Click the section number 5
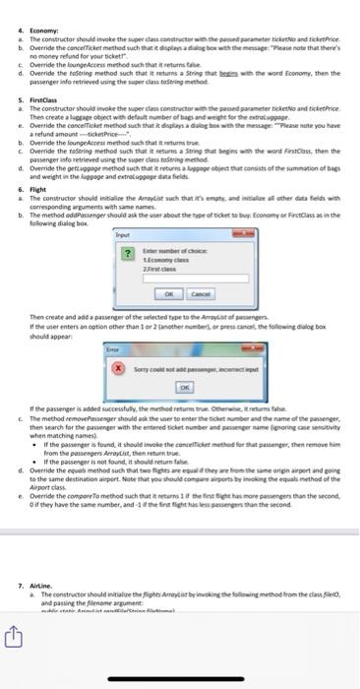click(8, 100)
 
